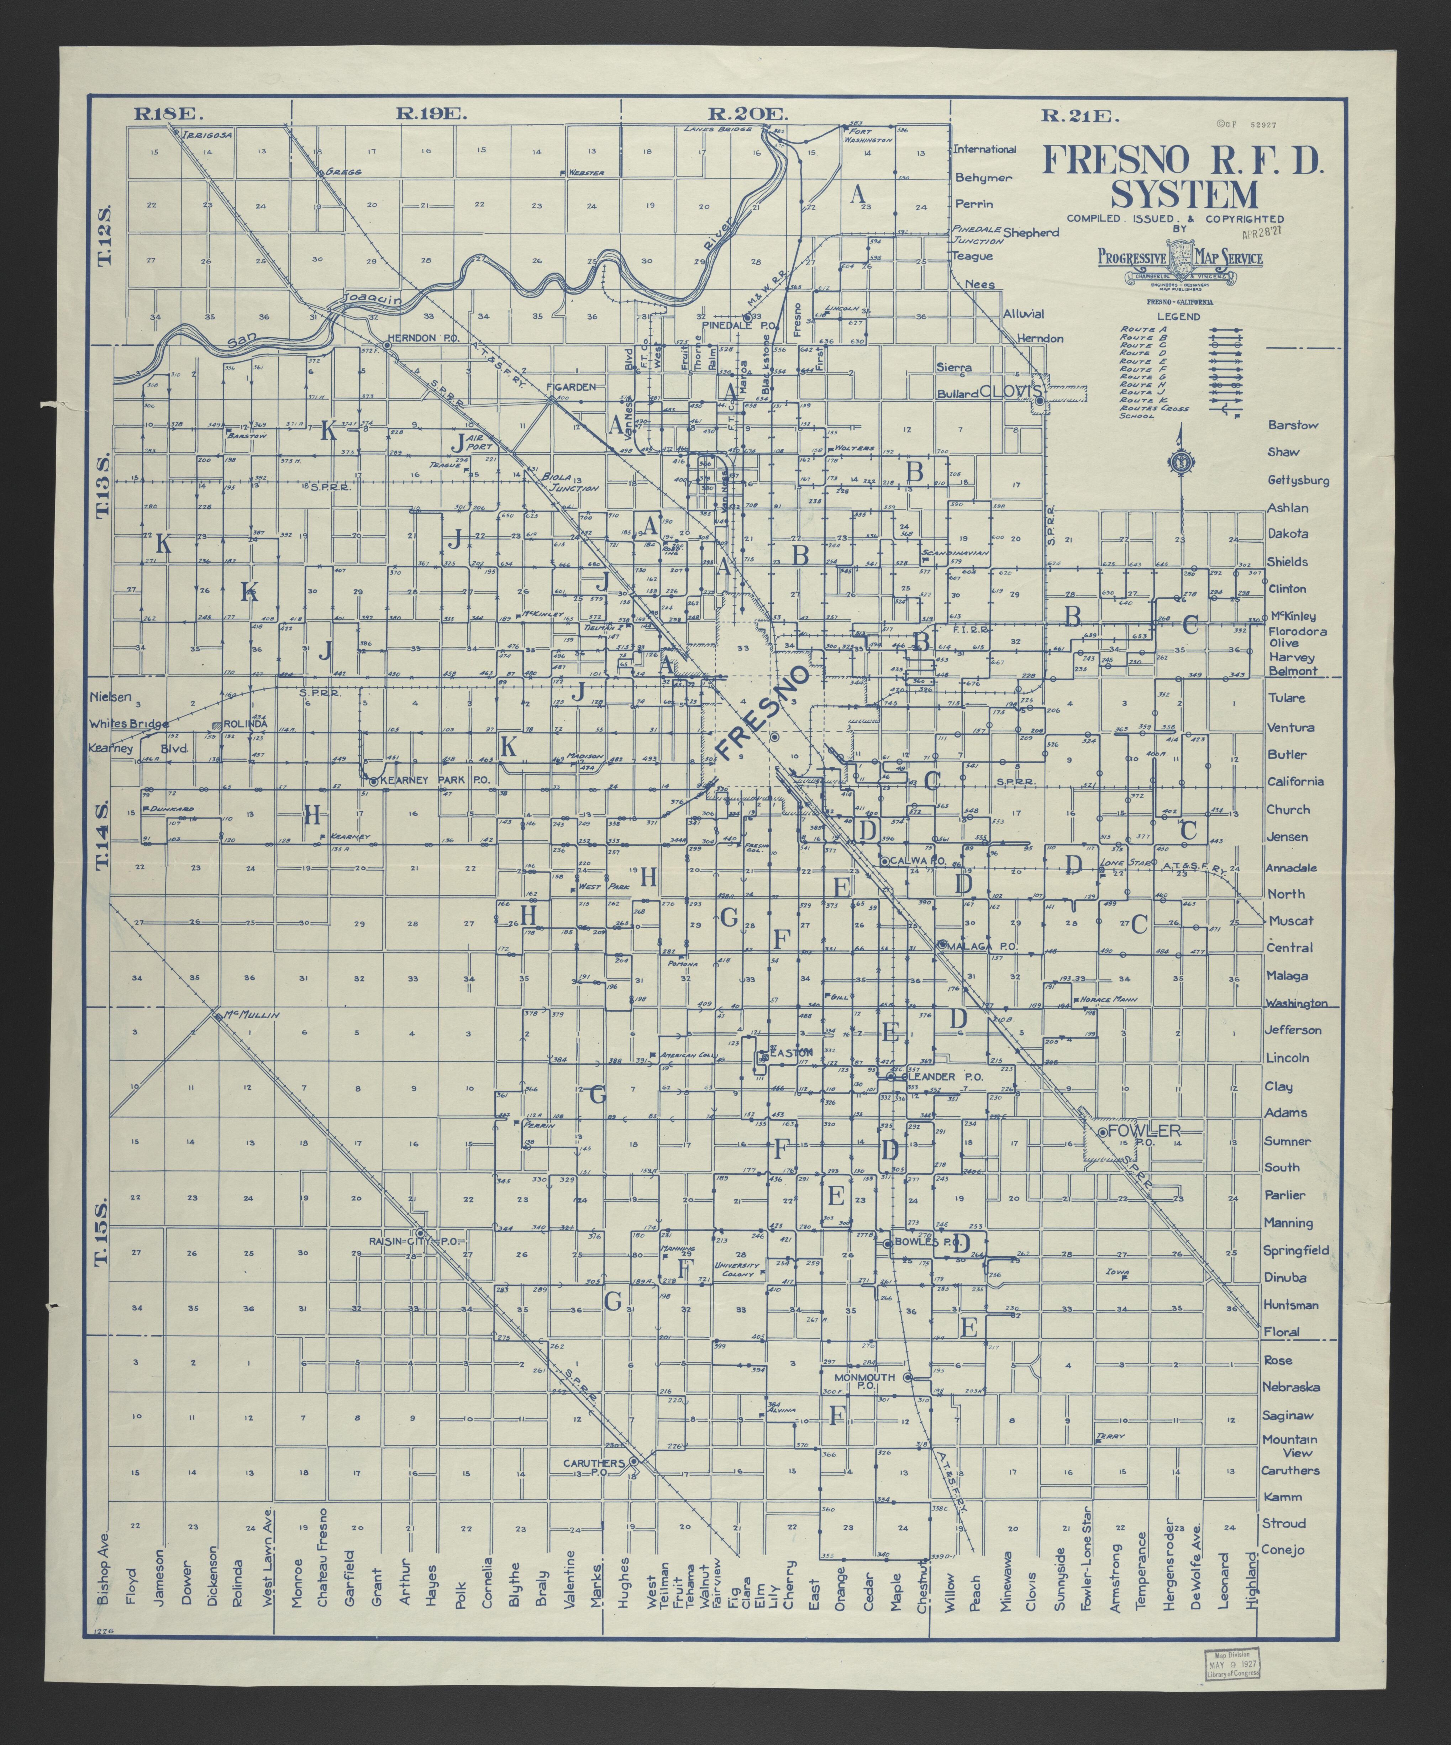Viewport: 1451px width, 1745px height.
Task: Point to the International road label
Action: [x=985, y=149]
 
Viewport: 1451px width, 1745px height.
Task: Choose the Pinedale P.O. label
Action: [x=728, y=327]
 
